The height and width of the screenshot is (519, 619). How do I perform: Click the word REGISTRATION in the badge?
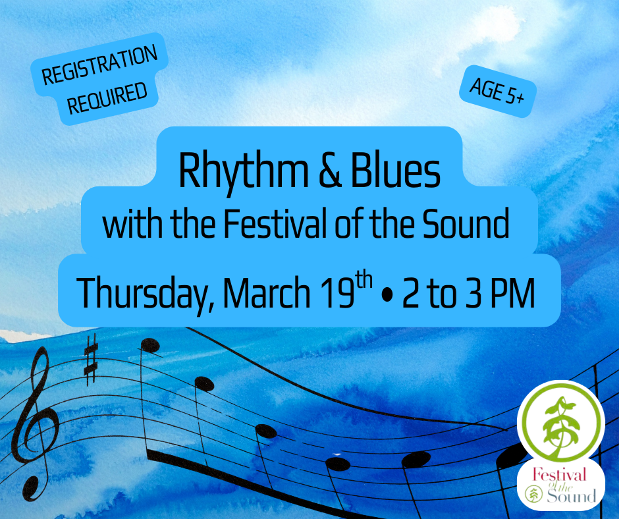click(x=99, y=65)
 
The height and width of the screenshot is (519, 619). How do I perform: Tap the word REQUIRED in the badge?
click(x=107, y=98)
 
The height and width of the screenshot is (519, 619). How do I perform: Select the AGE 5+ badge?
click(x=497, y=92)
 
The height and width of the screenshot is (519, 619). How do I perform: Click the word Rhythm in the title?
click(x=243, y=171)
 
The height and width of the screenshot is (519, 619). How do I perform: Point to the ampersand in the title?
click(x=330, y=171)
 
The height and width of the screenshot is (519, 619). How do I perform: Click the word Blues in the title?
click(x=396, y=171)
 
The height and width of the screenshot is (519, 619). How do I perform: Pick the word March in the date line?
click(x=267, y=292)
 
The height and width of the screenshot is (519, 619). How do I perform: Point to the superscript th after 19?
click(x=363, y=281)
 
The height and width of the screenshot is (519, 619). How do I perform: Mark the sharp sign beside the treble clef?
click(x=90, y=359)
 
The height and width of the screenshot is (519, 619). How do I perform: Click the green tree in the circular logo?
click(x=561, y=428)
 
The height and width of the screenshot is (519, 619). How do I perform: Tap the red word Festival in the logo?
click(x=558, y=474)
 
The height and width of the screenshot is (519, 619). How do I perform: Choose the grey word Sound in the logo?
click(x=571, y=495)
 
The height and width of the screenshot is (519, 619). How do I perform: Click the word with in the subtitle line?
click(x=132, y=223)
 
